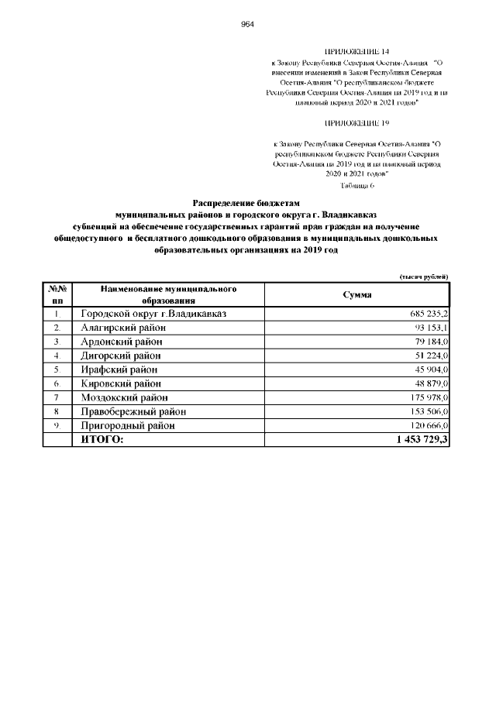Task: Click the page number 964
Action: click(x=248, y=24)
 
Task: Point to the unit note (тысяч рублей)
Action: click(x=423, y=277)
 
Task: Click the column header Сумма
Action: click(x=356, y=295)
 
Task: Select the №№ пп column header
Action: click(x=57, y=295)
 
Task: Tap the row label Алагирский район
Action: click(x=123, y=328)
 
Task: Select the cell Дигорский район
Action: click(x=122, y=356)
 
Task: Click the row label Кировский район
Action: click(x=121, y=383)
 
